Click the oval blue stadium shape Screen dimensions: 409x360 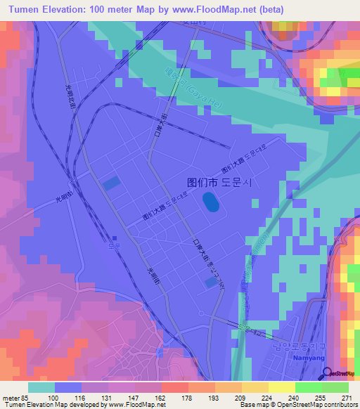210,203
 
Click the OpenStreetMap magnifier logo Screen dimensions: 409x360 326,372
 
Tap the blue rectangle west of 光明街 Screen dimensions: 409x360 111,183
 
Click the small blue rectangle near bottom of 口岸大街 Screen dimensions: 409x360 211,282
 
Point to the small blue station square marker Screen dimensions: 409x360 112,238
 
